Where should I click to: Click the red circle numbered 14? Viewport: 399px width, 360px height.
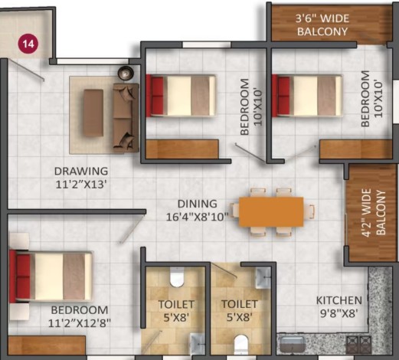tap(28, 44)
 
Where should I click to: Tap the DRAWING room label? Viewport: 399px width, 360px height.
tap(81, 171)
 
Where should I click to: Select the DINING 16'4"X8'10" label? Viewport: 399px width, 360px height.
tap(197, 211)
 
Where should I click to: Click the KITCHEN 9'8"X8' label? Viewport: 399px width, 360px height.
tap(339, 306)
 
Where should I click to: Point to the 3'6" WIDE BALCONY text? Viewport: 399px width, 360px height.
tap(322, 25)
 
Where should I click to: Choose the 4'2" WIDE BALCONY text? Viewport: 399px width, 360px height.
tap(373, 213)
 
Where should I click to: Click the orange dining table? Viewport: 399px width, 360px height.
tap(271, 211)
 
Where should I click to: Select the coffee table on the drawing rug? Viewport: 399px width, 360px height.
tap(93, 112)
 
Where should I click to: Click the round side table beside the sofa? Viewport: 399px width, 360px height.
tap(126, 73)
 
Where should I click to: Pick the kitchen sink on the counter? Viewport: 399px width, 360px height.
tap(293, 345)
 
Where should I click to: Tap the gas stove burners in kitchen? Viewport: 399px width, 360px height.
tap(358, 344)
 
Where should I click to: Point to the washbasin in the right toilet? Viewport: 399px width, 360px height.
tap(263, 277)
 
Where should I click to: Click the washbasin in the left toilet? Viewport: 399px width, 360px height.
tap(198, 344)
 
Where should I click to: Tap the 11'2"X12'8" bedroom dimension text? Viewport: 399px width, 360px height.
tap(80, 324)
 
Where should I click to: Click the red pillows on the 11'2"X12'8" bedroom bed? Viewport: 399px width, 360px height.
tap(23, 275)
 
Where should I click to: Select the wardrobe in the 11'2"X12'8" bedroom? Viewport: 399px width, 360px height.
tap(47, 345)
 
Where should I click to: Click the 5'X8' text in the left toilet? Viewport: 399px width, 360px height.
tap(176, 318)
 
